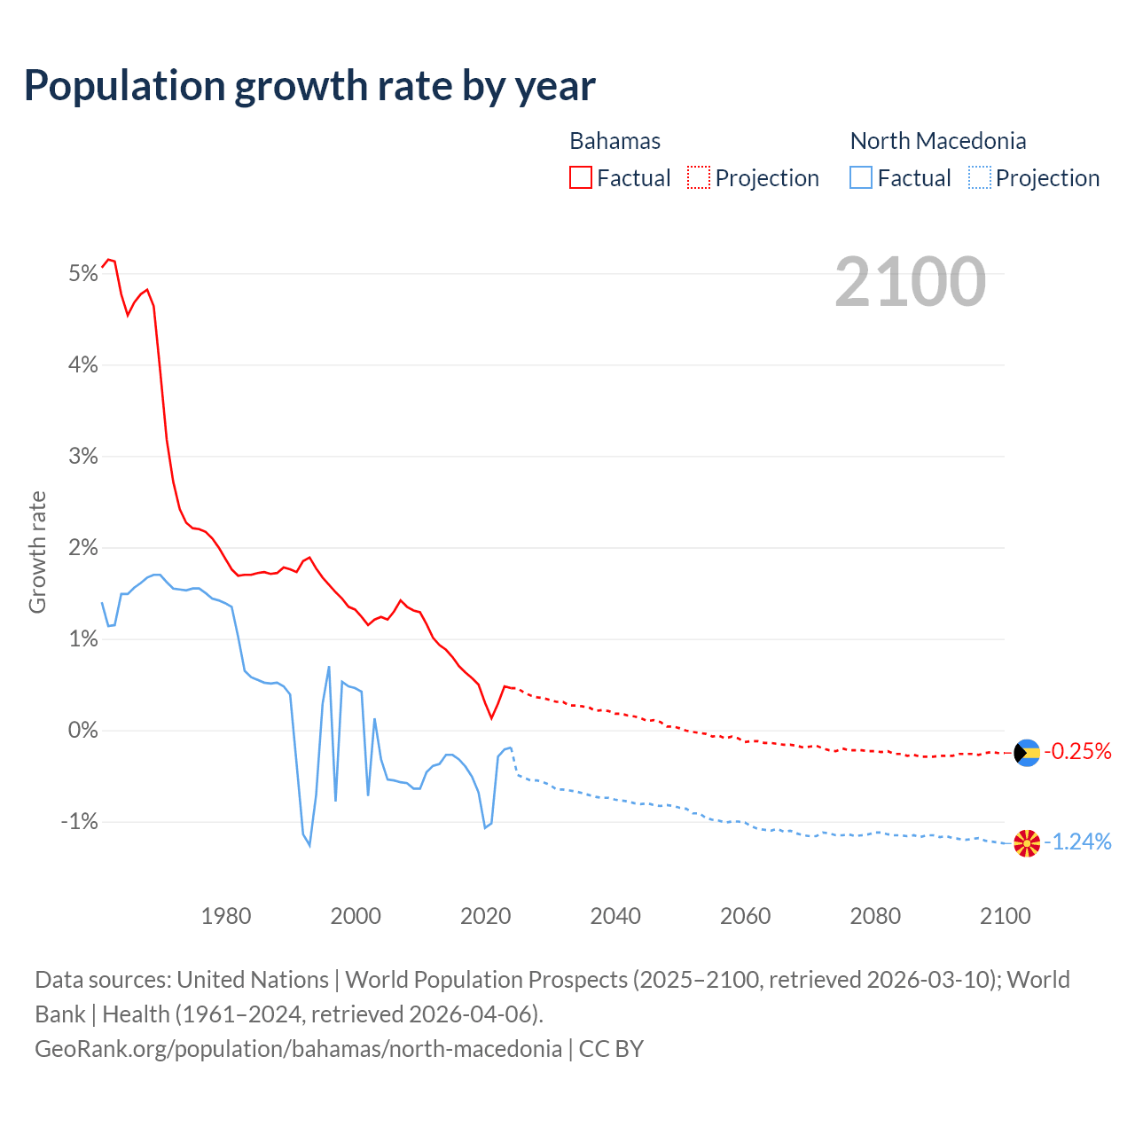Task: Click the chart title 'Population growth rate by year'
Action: pos(309,86)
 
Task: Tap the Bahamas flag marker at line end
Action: pos(1027,753)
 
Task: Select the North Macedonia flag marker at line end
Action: pos(1027,843)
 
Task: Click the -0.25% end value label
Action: pos(1077,752)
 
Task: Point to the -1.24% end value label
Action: pos(1077,841)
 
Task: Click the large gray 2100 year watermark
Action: pos(910,281)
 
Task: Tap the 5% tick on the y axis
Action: pos(82,273)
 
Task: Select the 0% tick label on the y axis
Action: pos(82,731)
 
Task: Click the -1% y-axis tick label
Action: pos(79,822)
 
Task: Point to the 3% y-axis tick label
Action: pos(82,456)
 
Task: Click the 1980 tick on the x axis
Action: pos(226,916)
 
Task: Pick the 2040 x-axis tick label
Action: pos(615,916)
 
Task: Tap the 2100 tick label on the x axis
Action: pos(1005,916)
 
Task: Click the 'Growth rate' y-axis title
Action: pos(37,552)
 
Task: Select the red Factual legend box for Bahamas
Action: pos(581,178)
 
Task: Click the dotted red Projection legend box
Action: pos(699,178)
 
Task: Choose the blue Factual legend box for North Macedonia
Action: pos(861,178)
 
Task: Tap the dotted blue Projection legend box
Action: pos(979,178)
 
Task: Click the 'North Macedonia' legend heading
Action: pos(938,141)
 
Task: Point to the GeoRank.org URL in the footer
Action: pos(298,1049)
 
